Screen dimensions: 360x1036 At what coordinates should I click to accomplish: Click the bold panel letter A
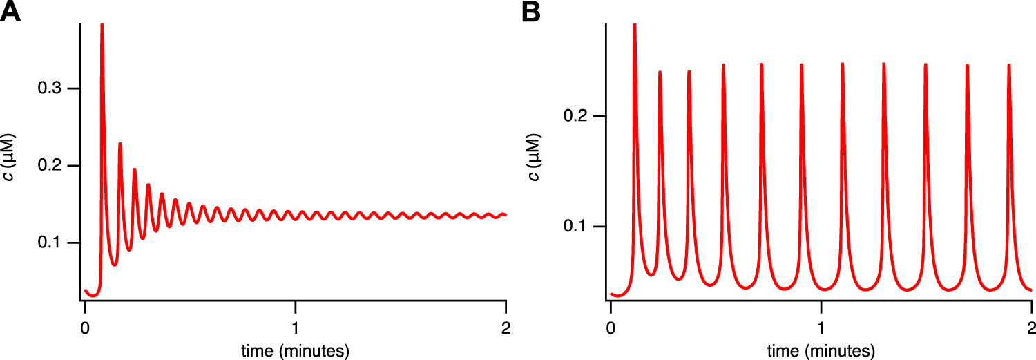point(10,11)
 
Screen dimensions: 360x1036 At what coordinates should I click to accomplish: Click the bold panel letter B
point(531,11)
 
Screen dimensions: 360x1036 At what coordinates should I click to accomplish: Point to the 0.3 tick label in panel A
point(50,89)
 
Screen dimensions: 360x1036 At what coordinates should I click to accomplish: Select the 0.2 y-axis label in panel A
point(50,166)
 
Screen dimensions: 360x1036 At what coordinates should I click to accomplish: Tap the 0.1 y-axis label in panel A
point(50,243)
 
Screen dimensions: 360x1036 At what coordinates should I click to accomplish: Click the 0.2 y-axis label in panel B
point(576,116)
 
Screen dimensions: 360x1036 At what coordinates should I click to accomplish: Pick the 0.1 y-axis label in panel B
point(576,227)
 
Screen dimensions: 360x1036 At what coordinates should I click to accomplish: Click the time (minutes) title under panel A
point(295,350)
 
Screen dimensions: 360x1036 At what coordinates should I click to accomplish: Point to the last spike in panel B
point(1009,66)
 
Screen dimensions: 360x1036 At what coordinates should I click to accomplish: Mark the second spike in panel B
point(660,72)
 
